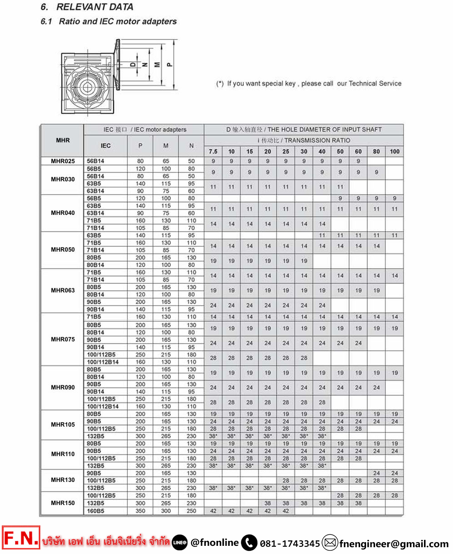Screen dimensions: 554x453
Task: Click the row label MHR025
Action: click(63, 161)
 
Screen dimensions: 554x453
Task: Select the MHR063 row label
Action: click(63, 291)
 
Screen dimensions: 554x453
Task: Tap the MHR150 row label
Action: click(63, 503)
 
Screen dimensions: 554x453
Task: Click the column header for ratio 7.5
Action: click(213, 151)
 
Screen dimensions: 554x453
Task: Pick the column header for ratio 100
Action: click(395, 151)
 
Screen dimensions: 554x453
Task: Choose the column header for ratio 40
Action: click(322, 151)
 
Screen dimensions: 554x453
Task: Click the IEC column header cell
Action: click(106, 146)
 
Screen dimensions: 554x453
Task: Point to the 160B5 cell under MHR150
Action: click(96, 511)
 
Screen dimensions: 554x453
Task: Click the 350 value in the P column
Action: click(140, 511)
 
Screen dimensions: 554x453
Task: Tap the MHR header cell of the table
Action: click(63, 141)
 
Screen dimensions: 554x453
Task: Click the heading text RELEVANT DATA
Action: click(95, 7)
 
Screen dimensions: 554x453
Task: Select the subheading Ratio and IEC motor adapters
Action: click(117, 21)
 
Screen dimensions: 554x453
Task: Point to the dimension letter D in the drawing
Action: click(133, 64)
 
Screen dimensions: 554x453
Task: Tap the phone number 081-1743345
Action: click(290, 543)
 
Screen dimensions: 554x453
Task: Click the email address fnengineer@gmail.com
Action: click(394, 543)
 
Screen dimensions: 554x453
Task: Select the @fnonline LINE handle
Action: click(214, 542)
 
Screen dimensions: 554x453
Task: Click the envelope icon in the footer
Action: click(330, 543)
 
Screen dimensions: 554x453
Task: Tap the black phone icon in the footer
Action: click(249, 543)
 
